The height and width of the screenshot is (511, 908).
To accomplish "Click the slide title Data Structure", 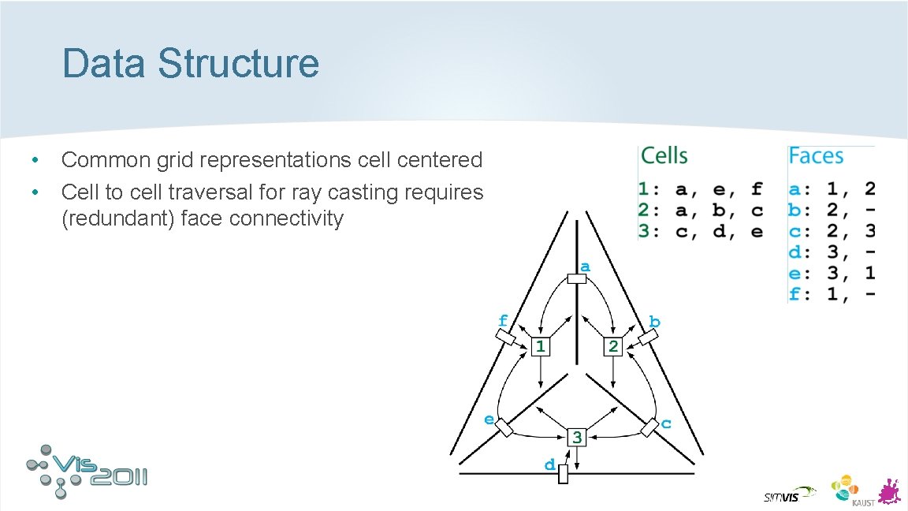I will click(x=191, y=64).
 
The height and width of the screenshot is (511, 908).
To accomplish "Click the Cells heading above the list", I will click(x=664, y=156).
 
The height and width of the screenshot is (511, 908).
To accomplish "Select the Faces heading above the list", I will click(x=816, y=156).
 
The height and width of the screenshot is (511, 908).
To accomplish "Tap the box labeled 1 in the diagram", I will click(x=540, y=346).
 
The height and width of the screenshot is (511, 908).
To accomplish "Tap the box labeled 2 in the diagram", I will click(x=613, y=346).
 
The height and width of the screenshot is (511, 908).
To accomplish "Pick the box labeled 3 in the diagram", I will click(x=577, y=436).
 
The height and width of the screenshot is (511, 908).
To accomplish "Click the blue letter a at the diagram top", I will click(x=585, y=267).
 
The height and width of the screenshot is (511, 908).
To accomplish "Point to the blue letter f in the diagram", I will click(x=503, y=320).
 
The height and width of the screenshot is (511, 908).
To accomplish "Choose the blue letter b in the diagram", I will click(x=654, y=322).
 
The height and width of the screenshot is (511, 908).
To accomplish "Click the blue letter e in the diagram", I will click(x=489, y=419).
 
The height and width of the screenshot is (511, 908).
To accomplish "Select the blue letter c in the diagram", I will click(x=666, y=423).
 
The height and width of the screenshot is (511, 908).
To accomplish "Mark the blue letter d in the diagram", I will click(x=549, y=464).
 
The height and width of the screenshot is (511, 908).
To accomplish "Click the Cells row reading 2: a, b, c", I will click(x=700, y=211).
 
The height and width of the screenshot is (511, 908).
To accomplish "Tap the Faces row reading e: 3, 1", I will click(x=831, y=274).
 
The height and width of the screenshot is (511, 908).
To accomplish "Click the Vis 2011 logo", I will click(x=87, y=471).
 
